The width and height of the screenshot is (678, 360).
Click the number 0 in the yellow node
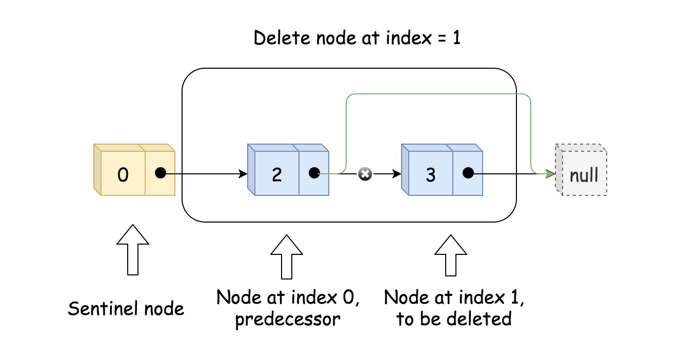[x=123, y=175]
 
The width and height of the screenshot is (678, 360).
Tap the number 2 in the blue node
[x=276, y=175]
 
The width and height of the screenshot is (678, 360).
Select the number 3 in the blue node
[x=430, y=175]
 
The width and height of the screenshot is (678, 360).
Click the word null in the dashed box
[x=584, y=175]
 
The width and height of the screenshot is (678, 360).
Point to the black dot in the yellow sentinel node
[x=161, y=173]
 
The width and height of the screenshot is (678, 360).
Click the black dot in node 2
[x=314, y=173]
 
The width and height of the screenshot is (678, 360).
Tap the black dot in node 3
[x=468, y=173]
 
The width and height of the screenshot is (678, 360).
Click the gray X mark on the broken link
[x=365, y=174]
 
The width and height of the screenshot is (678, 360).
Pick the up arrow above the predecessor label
[x=287, y=256]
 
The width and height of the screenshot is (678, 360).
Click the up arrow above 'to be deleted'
[x=451, y=255]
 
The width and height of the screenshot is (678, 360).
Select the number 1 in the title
[x=456, y=38]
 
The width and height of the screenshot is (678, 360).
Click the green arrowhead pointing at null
[x=551, y=174]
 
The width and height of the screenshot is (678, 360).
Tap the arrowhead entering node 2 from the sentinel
[x=244, y=174]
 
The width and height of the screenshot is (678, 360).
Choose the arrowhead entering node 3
[x=397, y=174]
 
